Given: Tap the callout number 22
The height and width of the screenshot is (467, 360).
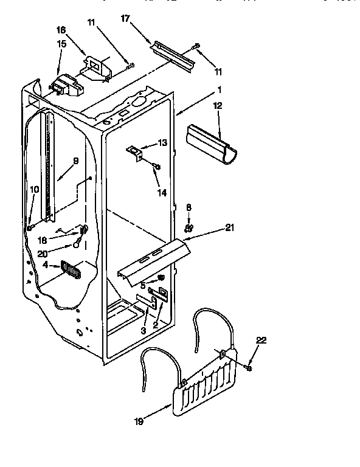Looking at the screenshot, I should [x=261, y=341].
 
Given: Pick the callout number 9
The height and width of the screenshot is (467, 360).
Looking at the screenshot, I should [x=76, y=161].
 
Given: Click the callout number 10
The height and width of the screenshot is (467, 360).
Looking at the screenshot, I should [x=35, y=190].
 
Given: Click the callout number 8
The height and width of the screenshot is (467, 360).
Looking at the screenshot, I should [x=189, y=207].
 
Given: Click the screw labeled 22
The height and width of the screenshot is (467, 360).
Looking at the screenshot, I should [x=249, y=367].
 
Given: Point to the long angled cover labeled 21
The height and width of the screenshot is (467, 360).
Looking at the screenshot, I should [x=152, y=258].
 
